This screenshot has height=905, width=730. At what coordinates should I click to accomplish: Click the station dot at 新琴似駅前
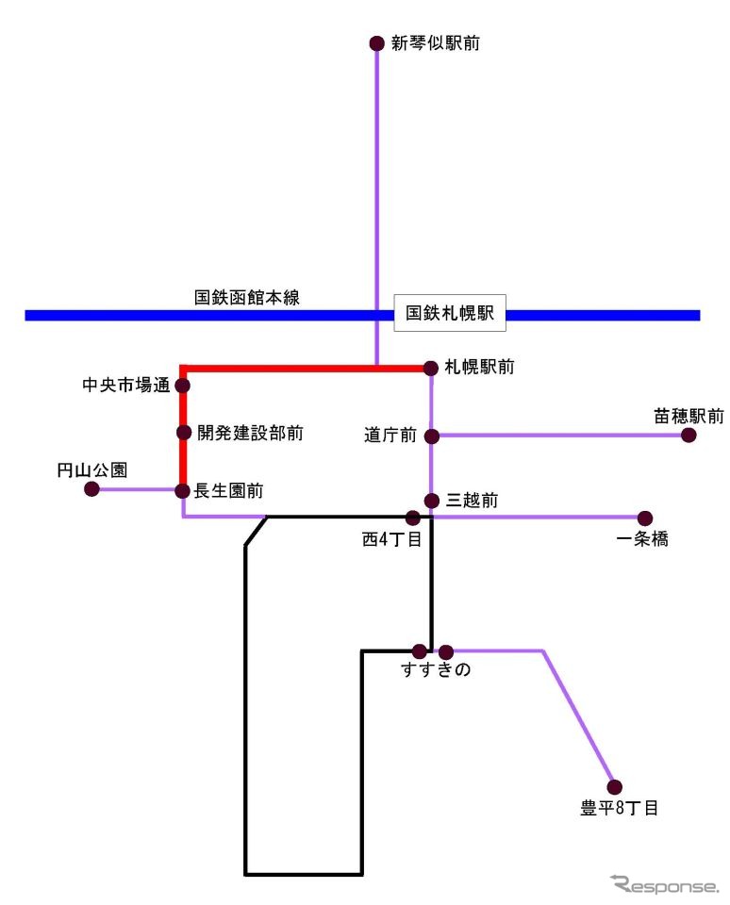[376, 43]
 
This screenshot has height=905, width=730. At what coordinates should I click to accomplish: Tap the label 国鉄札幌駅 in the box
[449, 314]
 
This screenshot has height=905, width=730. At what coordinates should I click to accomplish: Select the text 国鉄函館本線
[247, 298]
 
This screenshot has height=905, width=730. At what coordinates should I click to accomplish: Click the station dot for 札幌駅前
[431, 368]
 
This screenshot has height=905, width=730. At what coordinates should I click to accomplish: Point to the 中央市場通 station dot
[183, 386]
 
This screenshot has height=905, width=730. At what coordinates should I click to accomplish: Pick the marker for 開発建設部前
[184, 433]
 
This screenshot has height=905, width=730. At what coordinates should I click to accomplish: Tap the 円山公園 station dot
[91, 488]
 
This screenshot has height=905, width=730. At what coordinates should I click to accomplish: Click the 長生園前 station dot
[183, 490]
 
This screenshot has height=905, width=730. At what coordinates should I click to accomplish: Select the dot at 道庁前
[431, 436]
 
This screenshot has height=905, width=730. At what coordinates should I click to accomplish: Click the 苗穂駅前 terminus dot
[689, 435]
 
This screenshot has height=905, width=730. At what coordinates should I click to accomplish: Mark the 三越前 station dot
[431, 501]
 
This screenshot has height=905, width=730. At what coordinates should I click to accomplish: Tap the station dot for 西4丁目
[412, 518]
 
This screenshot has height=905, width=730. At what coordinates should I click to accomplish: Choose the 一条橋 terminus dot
[645, 518]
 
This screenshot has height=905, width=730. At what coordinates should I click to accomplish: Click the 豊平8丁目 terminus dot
[615, 787]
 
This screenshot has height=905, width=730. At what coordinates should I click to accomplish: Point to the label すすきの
[435, 671]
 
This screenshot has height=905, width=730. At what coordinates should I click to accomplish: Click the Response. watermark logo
[664, 884]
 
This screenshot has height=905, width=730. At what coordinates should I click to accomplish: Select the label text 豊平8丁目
[619, 808]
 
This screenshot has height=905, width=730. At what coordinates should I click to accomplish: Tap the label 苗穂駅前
[689, 415]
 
